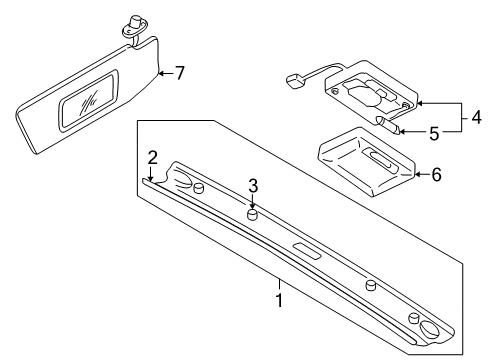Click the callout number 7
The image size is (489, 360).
[x=180, y=73]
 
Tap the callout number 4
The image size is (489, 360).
[x=477, y=117]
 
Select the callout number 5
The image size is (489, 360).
[x=434, y=133]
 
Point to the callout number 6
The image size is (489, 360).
[x=436, y=174]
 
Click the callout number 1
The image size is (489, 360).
[x=279, y=300]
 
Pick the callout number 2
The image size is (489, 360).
[x=152, y=158]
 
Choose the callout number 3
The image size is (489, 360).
[x=253, y=186]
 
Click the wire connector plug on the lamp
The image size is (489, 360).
[x=294, y=81]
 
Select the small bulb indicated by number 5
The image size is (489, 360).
[x=389, y=125]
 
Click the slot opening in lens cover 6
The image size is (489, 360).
[x=380, y=159]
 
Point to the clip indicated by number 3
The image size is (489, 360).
[x=252, y=214]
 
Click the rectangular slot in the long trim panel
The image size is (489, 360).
[x=307, y=251]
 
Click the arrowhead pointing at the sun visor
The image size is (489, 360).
[x=161, y=73]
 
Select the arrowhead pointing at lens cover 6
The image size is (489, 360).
[x=418, y=174]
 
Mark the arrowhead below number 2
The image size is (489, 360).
[x=151, y=178]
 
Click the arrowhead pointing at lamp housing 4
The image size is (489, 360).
[x=421, y=103]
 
